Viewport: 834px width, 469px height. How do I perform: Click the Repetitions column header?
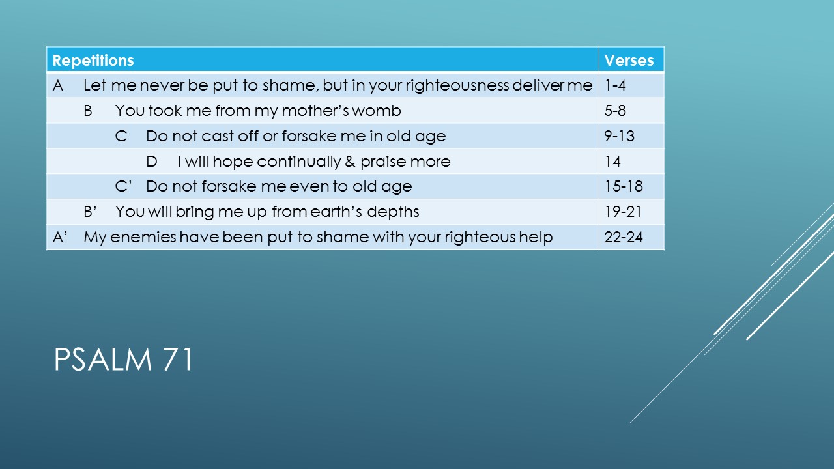pos(93,61)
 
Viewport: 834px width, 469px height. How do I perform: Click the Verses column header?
pos(629,61)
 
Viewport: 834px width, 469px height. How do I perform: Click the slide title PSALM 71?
pos(124,359)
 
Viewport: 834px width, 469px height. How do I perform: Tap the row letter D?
pos(152,162)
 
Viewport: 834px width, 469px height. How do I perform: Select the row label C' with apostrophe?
pos(123,186)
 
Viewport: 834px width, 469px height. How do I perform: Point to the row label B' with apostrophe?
pos(90,212)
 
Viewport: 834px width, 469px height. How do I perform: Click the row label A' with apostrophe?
pos(60,237)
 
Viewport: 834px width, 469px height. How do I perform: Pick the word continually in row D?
pos(298,162)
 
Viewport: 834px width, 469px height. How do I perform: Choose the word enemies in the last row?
pos(143,237)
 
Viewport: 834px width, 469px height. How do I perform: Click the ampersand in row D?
pos(350,162)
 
